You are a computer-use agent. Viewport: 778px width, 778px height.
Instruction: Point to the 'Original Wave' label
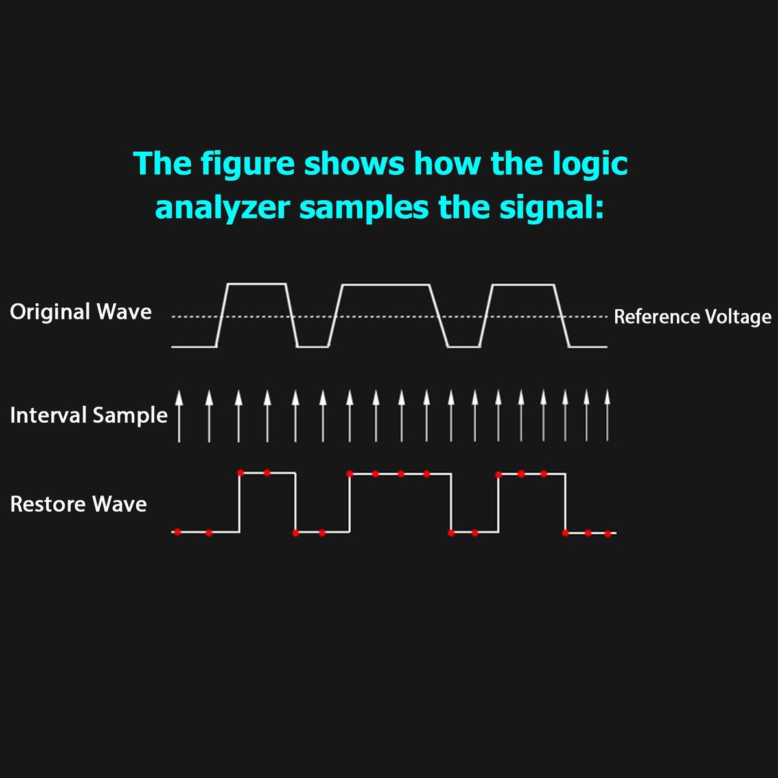coord(80,312)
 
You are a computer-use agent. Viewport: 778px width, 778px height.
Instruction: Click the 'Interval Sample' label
coord(89,415)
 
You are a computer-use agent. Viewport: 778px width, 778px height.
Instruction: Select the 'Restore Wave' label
coord(78,504)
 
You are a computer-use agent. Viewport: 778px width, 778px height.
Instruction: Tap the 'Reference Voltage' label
coord(692,317)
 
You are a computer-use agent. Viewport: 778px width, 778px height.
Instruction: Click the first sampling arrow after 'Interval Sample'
coord(180,416)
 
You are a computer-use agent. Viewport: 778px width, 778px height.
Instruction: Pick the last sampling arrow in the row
coord(607,416)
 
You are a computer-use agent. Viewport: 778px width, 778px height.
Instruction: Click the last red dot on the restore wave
coord(607,534)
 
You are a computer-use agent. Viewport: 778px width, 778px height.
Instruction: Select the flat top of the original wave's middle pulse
coord(386,285)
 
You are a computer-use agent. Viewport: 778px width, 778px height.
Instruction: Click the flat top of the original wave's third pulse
coord(523,285)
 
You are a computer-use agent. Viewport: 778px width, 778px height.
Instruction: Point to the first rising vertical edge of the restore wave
coord(240,502)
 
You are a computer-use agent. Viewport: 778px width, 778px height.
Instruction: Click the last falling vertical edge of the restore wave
coord(565,503)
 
